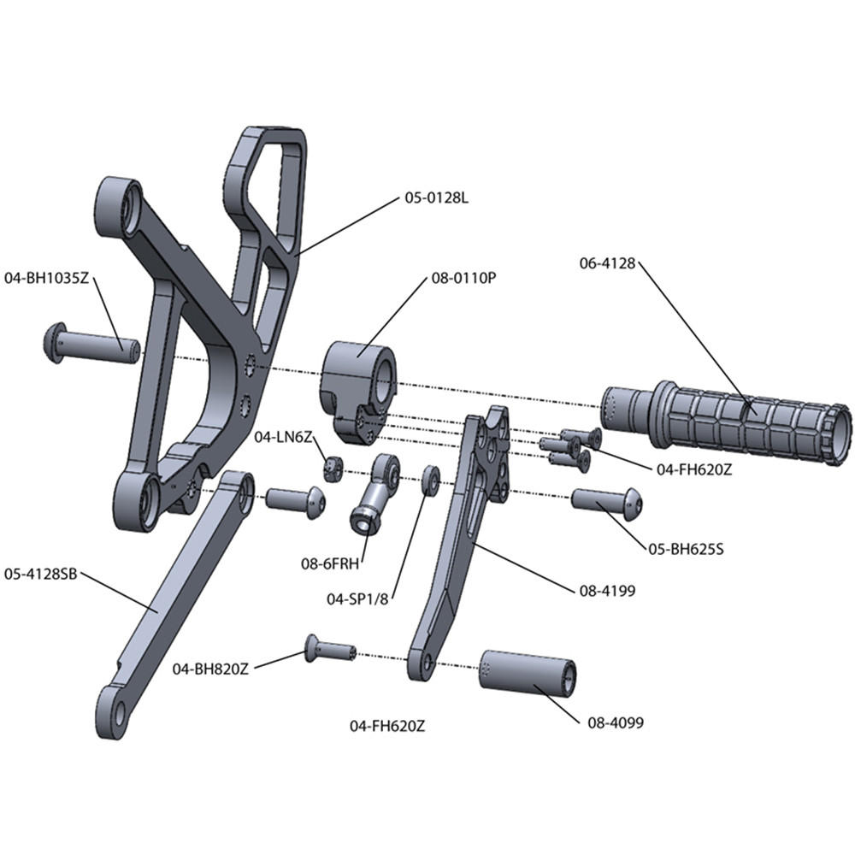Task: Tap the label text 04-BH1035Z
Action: [47, 278]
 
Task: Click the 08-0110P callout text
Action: [463, 278]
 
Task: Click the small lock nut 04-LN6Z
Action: [333, 468]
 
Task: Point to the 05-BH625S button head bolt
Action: [605, 500]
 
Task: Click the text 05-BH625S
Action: [686, 549]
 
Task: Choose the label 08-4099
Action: [616, 723]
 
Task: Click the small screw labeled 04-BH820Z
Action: [329, 650]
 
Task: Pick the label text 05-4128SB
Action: [41, 574]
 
